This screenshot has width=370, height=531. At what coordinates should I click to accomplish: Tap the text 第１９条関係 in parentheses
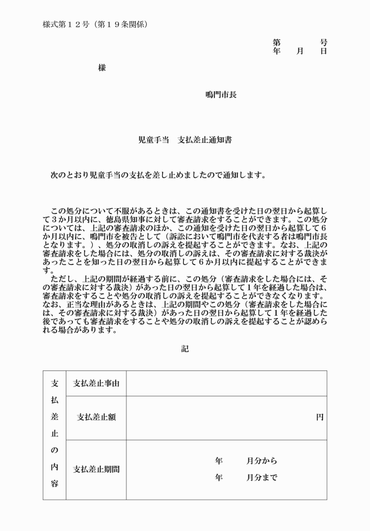coord(121,25)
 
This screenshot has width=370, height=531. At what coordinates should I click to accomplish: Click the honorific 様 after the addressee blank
coord(102,68)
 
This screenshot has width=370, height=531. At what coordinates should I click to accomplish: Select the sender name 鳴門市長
coord(221,95)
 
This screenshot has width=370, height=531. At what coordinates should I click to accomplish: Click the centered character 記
coord(185,349)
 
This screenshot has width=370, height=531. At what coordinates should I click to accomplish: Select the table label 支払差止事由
coord(96,383)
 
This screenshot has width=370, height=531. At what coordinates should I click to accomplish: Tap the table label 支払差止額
coord(96,418)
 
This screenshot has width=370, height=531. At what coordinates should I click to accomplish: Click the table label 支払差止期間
coord(96,470)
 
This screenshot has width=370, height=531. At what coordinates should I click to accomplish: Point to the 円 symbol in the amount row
coord(319,418)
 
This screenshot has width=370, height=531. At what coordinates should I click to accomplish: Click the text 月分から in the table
coord(262,461)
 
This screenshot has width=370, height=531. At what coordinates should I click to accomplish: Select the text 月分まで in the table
coord(262,477)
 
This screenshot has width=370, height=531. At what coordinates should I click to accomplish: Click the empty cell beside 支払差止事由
coord(226,383)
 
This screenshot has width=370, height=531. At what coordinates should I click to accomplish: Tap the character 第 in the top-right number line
coord(277,42)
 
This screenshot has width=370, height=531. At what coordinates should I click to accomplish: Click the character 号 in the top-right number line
coord(324,42)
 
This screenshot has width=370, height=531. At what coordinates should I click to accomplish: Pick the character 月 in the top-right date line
coord(300,51)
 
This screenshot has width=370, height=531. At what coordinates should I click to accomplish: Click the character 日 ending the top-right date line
coord(324,51)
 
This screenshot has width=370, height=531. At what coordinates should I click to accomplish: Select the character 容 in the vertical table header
coord(55,483)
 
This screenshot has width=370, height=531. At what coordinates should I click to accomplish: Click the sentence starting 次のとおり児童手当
coord(159,175)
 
